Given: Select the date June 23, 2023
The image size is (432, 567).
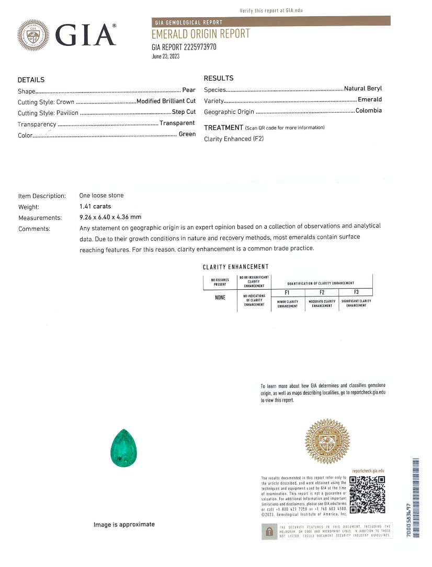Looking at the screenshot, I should point(165,56).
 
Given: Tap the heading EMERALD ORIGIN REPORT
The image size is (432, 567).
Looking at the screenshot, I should point(200,34).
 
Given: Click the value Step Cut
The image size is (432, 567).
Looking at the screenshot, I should point(184,112).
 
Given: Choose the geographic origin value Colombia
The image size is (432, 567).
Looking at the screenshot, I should point(369,111).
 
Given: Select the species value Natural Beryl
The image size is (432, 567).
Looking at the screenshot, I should point(363,89).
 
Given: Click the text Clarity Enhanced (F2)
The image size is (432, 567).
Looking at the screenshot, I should point(234,139).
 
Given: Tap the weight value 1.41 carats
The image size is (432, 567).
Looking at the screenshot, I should point(95,206).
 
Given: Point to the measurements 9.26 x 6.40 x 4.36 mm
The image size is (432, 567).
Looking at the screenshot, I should point(110,217).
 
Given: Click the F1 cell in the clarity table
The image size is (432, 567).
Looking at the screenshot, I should point(287,292).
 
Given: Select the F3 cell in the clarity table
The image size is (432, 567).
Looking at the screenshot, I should point(356,292).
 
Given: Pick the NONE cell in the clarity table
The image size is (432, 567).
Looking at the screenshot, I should point(220,298).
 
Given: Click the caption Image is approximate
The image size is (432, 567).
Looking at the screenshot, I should point(124,524).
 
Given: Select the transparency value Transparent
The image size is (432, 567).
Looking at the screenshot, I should point(177,123).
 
